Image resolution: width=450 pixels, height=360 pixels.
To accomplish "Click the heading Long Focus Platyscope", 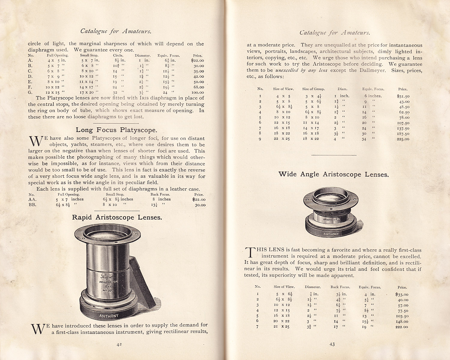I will click(116, 130).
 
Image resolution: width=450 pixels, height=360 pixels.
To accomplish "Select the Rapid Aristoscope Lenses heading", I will click(117, 217).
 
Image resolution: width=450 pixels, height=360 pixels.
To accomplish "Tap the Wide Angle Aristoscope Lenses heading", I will click(334, 174).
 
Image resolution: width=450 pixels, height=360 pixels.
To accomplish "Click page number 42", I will click(119, 345).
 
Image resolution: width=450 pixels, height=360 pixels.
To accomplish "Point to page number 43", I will click(332, 344).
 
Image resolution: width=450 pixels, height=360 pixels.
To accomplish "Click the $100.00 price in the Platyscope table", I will click(197, 92).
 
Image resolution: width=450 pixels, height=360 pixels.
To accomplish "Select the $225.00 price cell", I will click(403, 139).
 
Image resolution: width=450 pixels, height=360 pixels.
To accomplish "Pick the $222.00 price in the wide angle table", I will click(402, 327).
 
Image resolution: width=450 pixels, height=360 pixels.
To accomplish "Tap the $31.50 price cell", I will click(403, 96).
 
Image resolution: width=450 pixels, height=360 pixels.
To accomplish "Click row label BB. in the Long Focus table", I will click(32, 205).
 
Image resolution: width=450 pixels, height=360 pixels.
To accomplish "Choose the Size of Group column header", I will click(313, 89).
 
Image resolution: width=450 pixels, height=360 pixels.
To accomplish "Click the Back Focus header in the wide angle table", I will click(340, 287).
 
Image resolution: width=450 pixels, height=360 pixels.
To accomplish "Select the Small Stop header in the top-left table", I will click(89, 55).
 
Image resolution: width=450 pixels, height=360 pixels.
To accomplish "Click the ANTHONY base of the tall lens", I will click(109, 316).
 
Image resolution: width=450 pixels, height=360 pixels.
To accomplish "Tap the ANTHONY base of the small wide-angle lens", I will click(331, 234).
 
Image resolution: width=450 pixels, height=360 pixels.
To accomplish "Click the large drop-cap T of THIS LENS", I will click(250, 252).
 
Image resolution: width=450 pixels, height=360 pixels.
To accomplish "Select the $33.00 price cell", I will click(402, 294).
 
